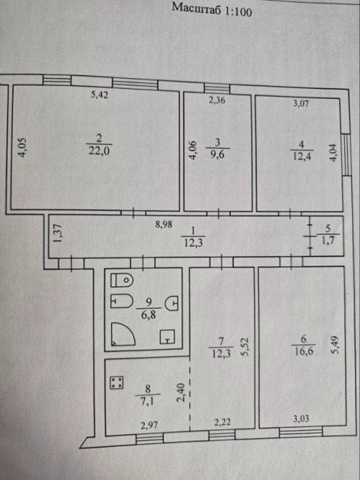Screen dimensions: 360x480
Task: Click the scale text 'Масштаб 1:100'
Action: coord(212,9)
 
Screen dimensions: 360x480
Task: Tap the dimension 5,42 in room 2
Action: coord(100,95)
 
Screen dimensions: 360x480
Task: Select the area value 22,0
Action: coord(99,151)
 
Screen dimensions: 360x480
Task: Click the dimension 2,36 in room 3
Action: coord(217,100)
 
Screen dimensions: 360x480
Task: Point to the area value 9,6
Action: coord(217,154)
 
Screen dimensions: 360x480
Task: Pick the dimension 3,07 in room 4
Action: coord(301,103)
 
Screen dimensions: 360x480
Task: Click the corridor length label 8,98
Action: coord(164,224)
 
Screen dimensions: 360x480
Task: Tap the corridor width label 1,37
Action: coord(57,234)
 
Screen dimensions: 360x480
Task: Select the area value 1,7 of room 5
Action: coord(326,240)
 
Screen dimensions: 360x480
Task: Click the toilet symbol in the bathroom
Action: coord(122,280)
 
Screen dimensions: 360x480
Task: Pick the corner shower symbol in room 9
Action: coord(123,334)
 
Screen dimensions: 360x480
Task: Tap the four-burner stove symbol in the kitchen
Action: coord(117,383)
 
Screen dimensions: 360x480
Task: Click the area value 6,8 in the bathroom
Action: coord(148,314)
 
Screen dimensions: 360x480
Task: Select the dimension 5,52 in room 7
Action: coord(245,347)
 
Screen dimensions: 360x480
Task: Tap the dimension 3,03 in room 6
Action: coord(301,419)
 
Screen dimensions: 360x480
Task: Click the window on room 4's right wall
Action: coord(346,154)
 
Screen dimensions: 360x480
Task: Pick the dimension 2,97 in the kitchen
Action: coord(149,425)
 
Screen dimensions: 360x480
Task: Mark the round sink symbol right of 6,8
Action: coord(171,304)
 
